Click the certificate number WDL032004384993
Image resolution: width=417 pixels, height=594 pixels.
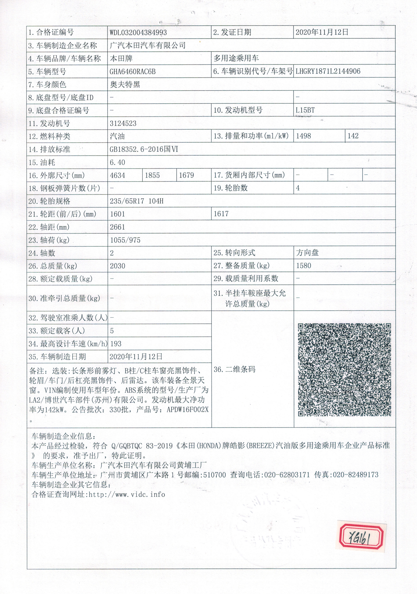pyautogui.click(x=138, y=33)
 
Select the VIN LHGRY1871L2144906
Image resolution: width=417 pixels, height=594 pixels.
pyautogui.click(x=328, y=71)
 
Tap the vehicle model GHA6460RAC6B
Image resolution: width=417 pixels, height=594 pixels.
pyautogui.click(x=132, y=72)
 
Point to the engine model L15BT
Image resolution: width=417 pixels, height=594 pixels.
pyautogui.click(x=305, y=110)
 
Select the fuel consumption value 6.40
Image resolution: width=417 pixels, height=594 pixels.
pyautogui.click(x=117, y=163)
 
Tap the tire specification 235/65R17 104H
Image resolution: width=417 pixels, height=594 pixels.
pyautogui.click(x=137, y=201)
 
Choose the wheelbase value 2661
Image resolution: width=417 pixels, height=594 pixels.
pyautogui.click(x=117, y=227)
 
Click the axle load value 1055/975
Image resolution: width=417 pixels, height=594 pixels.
pyautogui.click(x=125, y=240)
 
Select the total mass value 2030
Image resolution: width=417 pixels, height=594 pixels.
pyautogui.click(x=117, y=266)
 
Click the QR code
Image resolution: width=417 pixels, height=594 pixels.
pyautogui.click(x=344, y=370)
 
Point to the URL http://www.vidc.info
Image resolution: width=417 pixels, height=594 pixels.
pyautogui.click(x=127, y=494)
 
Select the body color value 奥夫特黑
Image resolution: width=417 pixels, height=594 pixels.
pyautogui.click(x=125, y=85)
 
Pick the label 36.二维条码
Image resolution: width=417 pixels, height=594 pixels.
pyautogui.click(x=234, y=369)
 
